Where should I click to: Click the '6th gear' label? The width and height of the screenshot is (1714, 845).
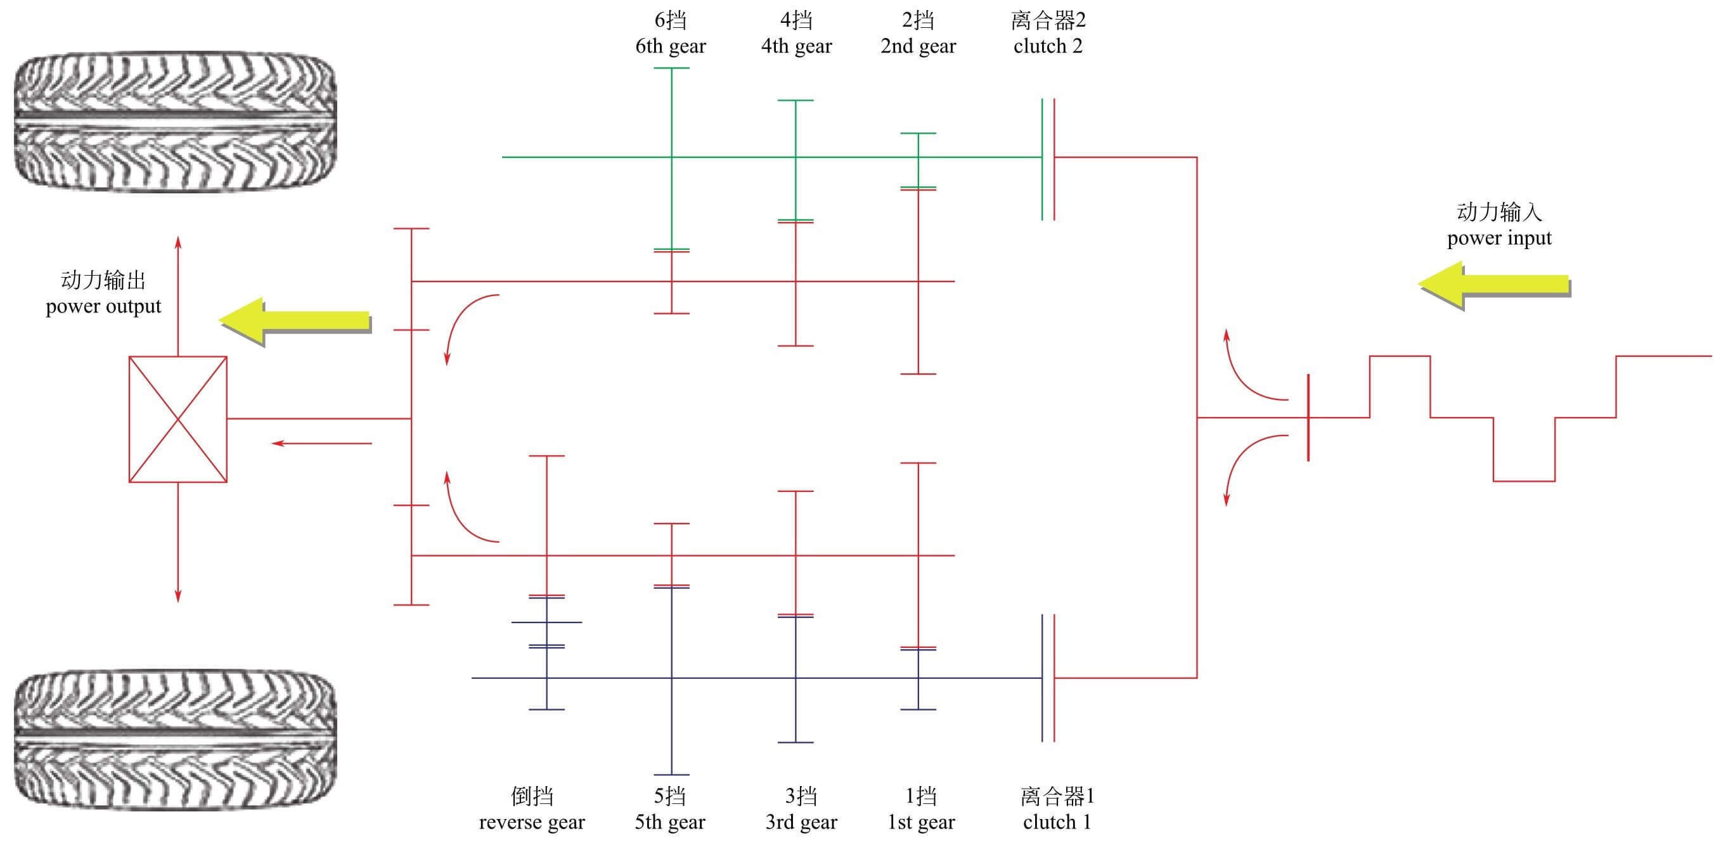click(x=670, y=46)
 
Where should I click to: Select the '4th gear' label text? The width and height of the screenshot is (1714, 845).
click(x=796, y=46)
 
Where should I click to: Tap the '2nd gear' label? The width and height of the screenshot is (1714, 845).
click(x=918, y=46)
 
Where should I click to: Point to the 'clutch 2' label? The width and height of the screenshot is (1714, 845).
click(x=1047, y=46)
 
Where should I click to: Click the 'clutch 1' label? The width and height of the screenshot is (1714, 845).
click(x=1057, y=822)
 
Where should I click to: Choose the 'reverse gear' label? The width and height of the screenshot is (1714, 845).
click(x=532, y=822)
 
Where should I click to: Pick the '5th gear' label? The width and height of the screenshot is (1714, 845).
click(x=669, y=822)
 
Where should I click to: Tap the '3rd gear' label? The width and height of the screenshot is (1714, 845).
click(x=801, y=822)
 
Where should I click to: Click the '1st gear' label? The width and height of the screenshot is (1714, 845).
click(x=921, y=822)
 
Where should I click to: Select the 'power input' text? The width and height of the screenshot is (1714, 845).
click(x=1498, y=238)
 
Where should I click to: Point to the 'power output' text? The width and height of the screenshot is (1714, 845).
click(x=103, y=306)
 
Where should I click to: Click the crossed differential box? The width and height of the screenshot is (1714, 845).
click(x=177, y=418)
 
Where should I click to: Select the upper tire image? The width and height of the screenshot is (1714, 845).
click(x=175, y=122)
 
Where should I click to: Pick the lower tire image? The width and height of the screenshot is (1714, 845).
click(x=175, y=739)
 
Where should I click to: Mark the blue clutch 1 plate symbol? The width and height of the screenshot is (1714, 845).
click(x=1043, y=677)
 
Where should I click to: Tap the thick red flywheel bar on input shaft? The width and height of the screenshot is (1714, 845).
click(x=1308, y=417)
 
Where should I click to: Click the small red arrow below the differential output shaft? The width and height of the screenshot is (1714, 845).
click(x=322, y=443)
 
